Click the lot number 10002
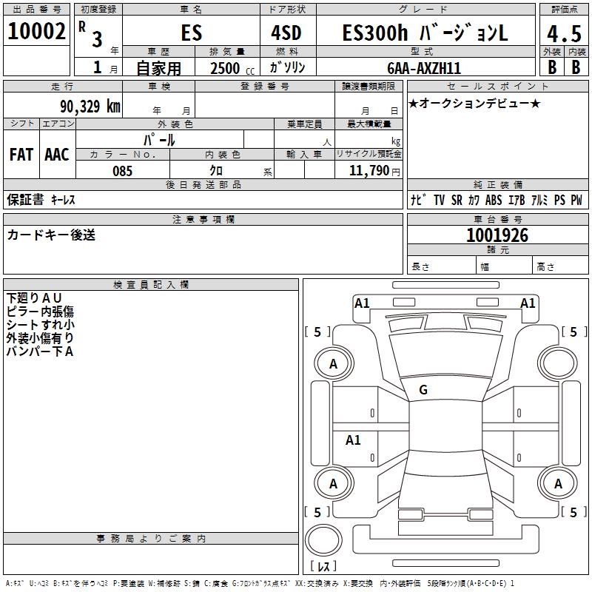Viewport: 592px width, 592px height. point(36,33)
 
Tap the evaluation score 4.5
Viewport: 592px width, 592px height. point(564,33)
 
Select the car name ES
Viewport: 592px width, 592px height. point(191,33)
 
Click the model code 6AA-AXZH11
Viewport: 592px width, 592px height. point(424,68)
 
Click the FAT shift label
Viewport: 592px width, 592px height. point(21,155)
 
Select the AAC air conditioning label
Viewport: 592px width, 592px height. point(57,155)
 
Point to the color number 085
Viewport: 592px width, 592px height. point(122,171)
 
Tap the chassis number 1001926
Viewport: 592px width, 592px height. point(497,235)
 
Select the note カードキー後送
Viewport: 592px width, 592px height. point(51,235)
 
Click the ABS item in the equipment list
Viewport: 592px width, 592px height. point(494,201)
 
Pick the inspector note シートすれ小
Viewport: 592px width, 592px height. point(40,324)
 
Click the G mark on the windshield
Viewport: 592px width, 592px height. point(423,390)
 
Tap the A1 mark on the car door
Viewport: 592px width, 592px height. point(353,440)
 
